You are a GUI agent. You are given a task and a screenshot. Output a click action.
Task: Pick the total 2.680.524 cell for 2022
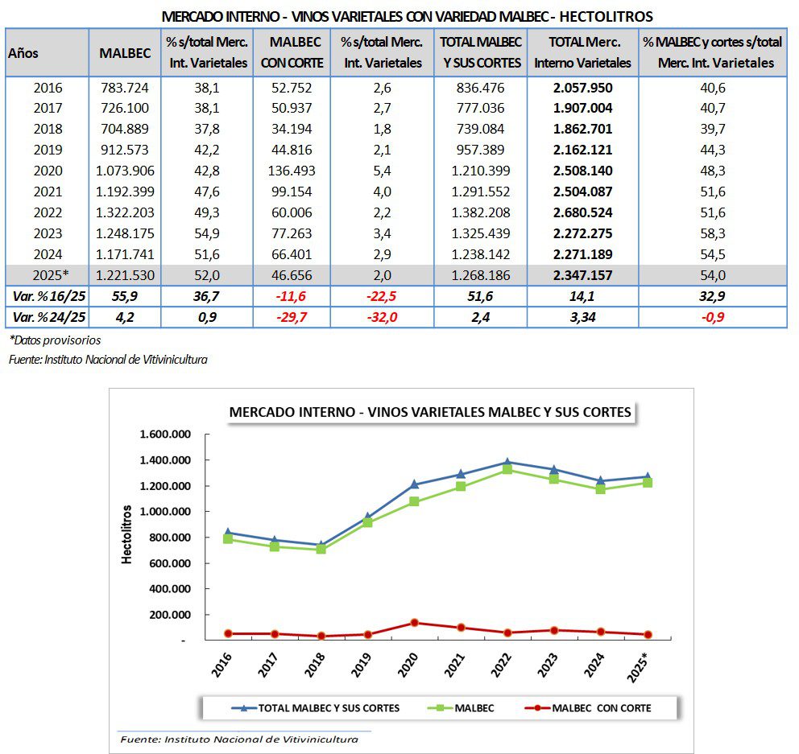coord(583,212)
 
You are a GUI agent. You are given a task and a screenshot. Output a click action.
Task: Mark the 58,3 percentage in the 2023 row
coord(713,233)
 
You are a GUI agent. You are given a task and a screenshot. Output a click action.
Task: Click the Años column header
coord(23,52)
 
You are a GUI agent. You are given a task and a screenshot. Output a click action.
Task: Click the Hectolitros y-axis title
coord(127,534)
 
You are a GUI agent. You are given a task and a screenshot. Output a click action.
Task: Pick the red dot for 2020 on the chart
coord(414,622)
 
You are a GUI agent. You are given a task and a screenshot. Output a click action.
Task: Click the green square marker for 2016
coord(229,539)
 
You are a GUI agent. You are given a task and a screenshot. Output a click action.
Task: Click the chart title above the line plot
coord(429,411)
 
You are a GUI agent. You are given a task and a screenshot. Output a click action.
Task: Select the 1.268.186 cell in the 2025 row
coord(481,274)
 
